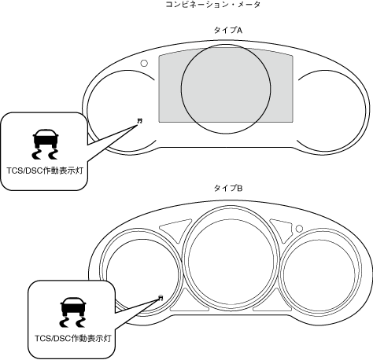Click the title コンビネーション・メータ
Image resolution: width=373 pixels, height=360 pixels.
[x=213, y=5]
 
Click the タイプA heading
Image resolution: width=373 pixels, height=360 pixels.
[x=228, y=31]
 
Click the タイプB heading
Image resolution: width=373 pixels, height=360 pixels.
[x=228, y=188]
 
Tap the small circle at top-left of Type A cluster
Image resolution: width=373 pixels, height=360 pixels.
[x=144, y=63]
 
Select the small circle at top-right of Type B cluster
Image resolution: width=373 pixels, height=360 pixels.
[x=299, y=229]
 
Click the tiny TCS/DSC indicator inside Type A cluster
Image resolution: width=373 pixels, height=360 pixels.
[x=140, y=120]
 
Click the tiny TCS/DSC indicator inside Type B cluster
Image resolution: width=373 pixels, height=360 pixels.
[x=161, y=297]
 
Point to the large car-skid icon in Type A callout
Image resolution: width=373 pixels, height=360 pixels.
[x=45, y=144]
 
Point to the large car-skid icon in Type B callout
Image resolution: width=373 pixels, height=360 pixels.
[x=73, y=312]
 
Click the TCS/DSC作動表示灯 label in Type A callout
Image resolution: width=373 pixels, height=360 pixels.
[x=45, y=171]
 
